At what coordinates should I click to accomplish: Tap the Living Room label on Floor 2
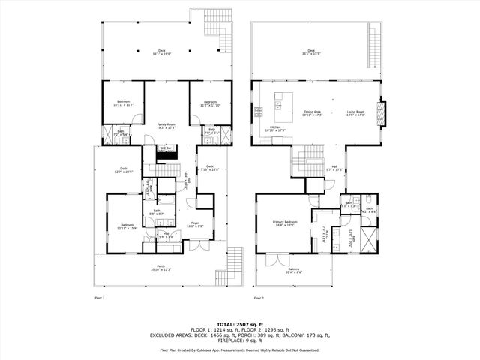(x=355, y=112)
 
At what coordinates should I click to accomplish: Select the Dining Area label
(x=312, y=112)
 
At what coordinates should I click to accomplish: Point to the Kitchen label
(x=275, y=128)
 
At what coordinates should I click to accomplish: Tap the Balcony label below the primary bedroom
(x=294, y=270)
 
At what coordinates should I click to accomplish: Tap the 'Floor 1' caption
(x=99, y=298)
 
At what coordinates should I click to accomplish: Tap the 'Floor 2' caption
(x=259, y=298)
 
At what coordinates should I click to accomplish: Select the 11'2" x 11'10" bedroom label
(x=209, y=103)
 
